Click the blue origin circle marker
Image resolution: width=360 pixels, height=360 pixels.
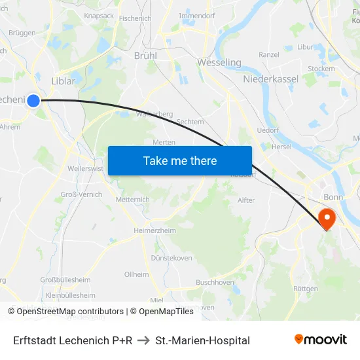tap(33, 100)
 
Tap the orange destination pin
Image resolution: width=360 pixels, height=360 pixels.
tap(325, 217)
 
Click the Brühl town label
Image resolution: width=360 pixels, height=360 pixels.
tap(145, 56)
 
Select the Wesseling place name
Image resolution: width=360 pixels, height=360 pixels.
tap(219, 63)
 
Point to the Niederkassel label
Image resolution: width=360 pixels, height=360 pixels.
tap(270, 79)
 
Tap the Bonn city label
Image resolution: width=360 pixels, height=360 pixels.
tap(333, 197)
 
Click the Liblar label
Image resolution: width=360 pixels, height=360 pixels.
tap(63, 81)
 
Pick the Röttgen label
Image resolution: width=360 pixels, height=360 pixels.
tap(306, 289)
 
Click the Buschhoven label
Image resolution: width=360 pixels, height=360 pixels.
tap(215, 283)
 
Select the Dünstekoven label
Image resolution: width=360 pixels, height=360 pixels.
tap(171, 259)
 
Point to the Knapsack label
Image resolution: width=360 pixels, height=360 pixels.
tap(99, 15)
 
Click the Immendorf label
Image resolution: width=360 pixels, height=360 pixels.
tap(197, 14)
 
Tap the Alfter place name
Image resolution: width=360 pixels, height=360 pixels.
tap(246, 200)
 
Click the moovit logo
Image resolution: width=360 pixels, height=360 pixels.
tap(321, 340)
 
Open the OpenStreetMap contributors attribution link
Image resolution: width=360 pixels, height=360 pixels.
tap(70, 312)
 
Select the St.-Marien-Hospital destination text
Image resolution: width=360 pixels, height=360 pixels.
tap(203, 340)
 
